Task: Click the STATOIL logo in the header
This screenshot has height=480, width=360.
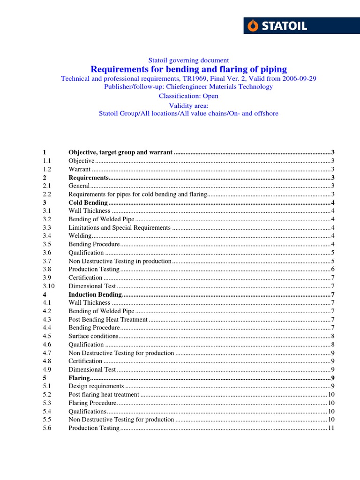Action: point(301,26)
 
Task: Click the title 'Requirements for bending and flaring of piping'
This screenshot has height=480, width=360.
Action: point(188,69)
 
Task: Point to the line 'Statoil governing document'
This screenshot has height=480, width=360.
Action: point(188,60)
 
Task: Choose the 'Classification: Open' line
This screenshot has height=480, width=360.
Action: point(188,96)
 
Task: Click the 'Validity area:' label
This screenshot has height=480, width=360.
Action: point(188,105)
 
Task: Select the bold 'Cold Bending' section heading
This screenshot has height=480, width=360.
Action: point(88,202)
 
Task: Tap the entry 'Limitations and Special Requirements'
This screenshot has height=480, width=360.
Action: point(120,227)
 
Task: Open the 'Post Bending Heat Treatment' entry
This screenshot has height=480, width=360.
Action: point(108,319)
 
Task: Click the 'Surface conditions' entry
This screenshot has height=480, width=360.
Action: point(93,336)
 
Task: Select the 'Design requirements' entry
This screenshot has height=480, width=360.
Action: point(96,386)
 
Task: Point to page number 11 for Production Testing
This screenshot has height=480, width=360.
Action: point(330,428)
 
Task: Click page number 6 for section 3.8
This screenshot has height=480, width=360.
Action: point(332,269)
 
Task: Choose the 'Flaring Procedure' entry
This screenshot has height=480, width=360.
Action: point(92,403)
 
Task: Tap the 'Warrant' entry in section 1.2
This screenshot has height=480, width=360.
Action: point(80,169)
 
